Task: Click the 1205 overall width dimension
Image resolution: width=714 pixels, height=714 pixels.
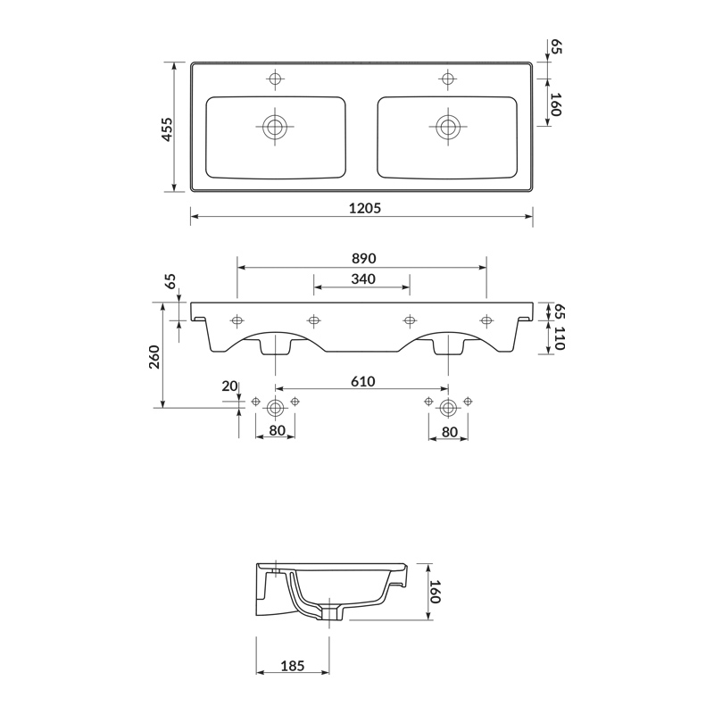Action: [x=365, y=208]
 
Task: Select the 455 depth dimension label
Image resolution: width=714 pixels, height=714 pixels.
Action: [x=167, y=129]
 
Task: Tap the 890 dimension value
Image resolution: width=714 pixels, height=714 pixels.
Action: [x=364, y=258]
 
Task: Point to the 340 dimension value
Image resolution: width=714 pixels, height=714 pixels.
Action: [x=363, y=278]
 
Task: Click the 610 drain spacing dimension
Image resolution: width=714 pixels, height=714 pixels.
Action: [x=363, y=381]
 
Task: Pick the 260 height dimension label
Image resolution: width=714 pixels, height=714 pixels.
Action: [x=154, y=357]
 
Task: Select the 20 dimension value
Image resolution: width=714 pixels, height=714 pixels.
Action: [x=229, y=386]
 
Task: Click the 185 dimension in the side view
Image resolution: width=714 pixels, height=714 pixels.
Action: [x=293, y=666]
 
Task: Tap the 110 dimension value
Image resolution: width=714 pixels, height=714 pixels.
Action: [x=560, y=338]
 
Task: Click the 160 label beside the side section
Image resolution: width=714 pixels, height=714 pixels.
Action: [x=436, y=591]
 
